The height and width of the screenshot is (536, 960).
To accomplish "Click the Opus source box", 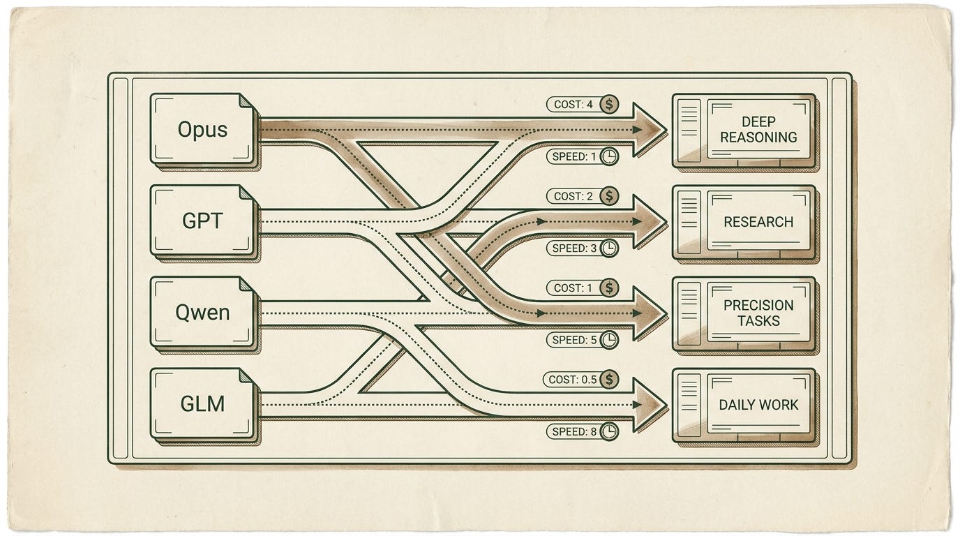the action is click(x=204, y=130).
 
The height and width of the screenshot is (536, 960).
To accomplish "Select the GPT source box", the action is click(x=204, y=221).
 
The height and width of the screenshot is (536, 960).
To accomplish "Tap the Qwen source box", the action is click(x=204, y=313).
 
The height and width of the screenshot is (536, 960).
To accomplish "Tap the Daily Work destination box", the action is click(x=745, y=405).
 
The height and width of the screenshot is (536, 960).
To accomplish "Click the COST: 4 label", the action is click(x=573, y=104).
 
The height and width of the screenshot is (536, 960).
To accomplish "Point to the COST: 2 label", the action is click(x=573, y=196).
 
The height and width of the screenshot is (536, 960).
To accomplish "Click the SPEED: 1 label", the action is click(x=574, y=156).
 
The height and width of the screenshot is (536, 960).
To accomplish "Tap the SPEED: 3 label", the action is click(x=574, y=248).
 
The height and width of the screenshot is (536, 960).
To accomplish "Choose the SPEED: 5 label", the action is click(x=574, y=340).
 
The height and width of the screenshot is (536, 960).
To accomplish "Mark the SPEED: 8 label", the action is click(x=574, y=431).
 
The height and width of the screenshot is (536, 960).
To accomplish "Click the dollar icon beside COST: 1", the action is click(x=609, y=288).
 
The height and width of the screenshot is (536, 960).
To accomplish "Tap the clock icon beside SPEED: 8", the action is click(x=609, y=431).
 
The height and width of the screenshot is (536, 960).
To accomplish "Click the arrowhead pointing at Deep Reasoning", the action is click(x=650, y=130).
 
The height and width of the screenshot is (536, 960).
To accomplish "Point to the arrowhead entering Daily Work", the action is click(x=650, y=405).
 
